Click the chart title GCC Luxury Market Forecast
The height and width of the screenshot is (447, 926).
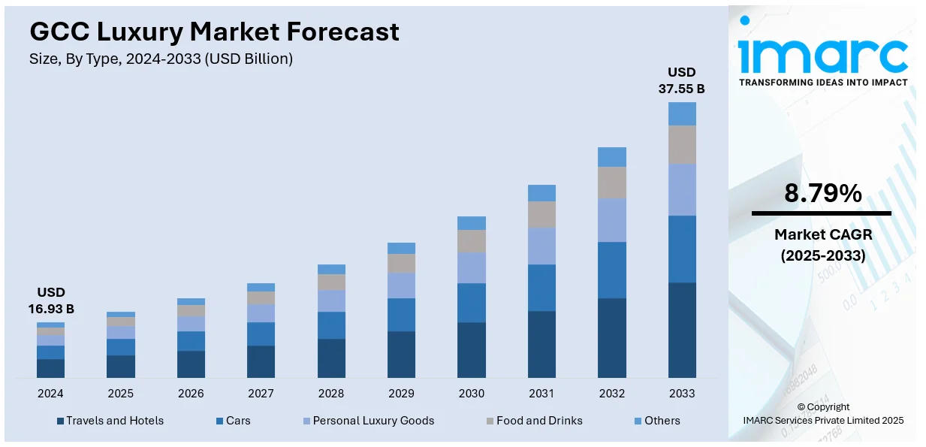coord(214,32)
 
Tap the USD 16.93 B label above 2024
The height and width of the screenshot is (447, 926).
coord(51,301)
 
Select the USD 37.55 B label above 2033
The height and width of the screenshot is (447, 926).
coord(682,80)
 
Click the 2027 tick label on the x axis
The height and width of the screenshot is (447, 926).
coord(261,394)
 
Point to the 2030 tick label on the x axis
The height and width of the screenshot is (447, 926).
coord(471,394)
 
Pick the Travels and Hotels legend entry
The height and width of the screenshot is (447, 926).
coord(110,421)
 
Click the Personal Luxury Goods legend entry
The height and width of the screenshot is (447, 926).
coord(367,421)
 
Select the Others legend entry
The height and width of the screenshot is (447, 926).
coord(657,421)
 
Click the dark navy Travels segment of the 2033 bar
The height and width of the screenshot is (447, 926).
coord(682,330)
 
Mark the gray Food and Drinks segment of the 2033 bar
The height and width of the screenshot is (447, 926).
coord(682,144)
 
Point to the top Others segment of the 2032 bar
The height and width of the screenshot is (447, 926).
coord(611,156)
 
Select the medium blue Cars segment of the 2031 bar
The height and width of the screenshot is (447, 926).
coord(541,287)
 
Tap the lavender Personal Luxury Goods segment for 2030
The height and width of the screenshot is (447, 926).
coord(471,267)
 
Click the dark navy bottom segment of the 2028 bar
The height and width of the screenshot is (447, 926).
coord(331,358)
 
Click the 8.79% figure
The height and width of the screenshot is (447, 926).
coord(822,194)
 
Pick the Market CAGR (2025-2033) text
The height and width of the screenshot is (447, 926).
coord(822,245)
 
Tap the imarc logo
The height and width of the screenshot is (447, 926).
coord(822,53)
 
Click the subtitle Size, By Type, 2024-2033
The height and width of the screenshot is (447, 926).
coord(161,59)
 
